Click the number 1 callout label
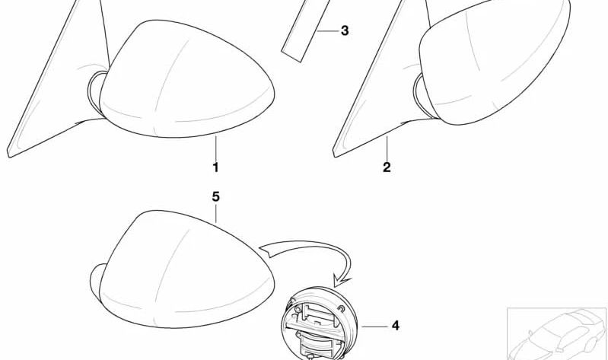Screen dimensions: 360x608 (215, 167)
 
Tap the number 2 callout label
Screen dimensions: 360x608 (387, 167)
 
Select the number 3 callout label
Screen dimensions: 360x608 (345, 31)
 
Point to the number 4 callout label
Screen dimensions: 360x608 (395, 327)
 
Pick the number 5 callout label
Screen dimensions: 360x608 (215, 197)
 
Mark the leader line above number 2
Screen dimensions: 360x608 (387, 148)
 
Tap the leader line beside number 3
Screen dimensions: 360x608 (326, 31)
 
